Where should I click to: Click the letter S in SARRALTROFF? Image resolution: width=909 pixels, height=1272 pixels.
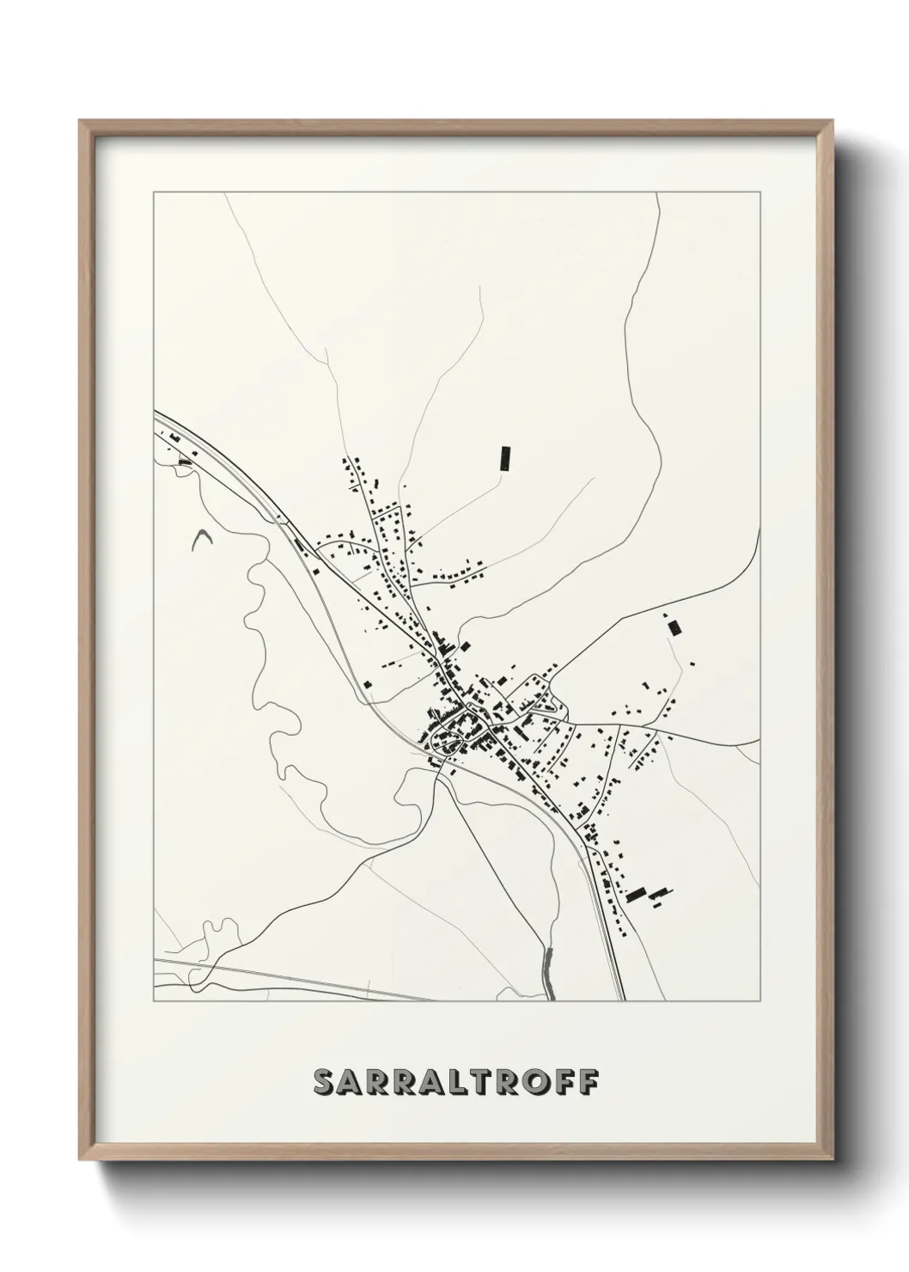(326, 1082)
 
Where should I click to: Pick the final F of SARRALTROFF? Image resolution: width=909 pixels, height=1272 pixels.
(590, 1082)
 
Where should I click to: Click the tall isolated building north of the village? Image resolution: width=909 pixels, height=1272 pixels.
(505, 458)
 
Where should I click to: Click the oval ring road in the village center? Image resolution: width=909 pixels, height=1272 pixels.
(455, 731)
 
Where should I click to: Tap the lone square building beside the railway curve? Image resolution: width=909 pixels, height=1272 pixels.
(368, 684)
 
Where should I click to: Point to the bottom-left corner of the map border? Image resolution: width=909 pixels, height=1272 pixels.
(154, 1001)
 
